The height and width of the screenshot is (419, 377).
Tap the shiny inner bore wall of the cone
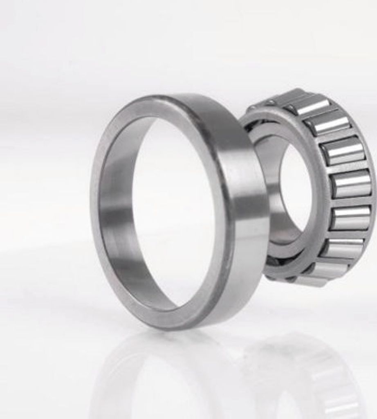(x=270, y=184)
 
